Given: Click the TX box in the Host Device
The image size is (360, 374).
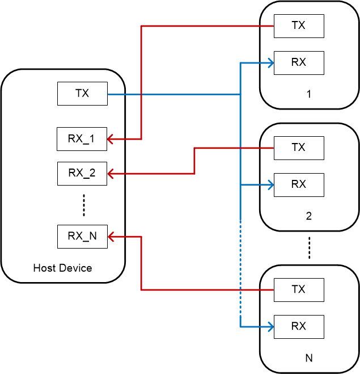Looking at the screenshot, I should [x=82, y=94].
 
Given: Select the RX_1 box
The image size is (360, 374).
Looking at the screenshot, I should [x=82, y=139].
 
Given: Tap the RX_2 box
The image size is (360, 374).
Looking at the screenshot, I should [x=82, y=173].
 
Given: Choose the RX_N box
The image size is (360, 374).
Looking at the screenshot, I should [x=82, y=236].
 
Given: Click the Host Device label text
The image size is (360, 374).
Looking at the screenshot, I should [x=62, y=268].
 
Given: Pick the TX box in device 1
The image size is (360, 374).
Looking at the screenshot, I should [x=299, y=26].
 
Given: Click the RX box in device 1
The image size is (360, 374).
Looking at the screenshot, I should [x=299, y=62].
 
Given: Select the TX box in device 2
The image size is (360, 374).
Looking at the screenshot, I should [x=299, y=148].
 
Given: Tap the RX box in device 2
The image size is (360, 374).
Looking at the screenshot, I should [x=299, y=184].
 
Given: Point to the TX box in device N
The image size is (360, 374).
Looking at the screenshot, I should [x=299, y=289].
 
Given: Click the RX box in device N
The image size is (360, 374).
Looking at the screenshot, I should [x=299, y=326].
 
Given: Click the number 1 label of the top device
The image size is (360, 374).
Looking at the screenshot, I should [x=308, y=94].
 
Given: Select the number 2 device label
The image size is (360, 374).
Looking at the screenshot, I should [x=308, y=216].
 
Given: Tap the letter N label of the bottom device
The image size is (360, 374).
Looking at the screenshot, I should [x=308, y=358].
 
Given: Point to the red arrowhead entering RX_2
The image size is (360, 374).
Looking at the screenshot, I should [x=112, y=173].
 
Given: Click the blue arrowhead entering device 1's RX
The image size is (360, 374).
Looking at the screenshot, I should [x=270, y=62].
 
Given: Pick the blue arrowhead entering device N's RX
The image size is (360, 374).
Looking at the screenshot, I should [x=270, y=326].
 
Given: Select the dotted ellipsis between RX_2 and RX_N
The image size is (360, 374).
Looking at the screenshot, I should [x=83, y=205].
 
